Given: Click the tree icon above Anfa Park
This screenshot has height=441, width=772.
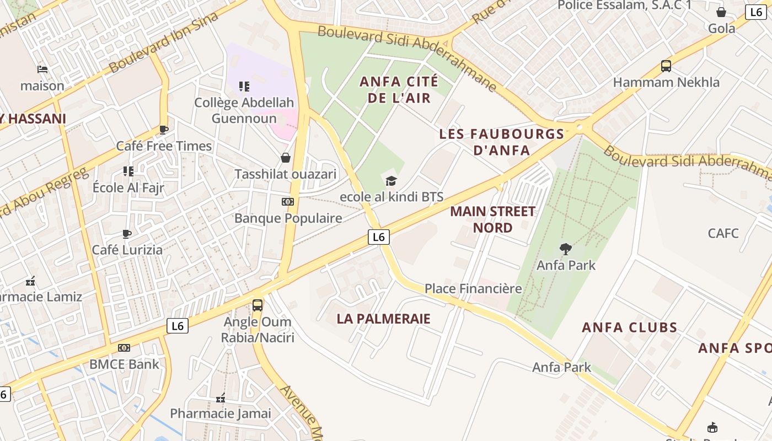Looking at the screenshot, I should click(565, 249).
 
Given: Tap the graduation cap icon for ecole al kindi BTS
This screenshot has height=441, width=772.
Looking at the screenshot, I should click(391, 181).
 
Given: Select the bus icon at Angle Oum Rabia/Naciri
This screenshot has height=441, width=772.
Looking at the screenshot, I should click(258, 305).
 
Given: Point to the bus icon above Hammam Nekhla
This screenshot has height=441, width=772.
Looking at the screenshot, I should click(666, 66).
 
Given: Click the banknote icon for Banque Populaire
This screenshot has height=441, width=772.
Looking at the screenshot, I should click(288, 202).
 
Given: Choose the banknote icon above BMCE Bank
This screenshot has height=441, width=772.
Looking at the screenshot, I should click(124, 348).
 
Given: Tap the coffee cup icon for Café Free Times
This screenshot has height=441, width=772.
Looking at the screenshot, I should click(163, 130).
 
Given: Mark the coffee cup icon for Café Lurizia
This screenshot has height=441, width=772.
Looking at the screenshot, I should click(127, 234).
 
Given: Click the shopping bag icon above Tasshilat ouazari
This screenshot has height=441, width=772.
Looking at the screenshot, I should click(286, 158).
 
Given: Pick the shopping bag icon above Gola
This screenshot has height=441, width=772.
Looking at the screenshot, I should click(721, 12).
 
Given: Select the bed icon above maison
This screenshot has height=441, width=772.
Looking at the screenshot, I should click(42, 69).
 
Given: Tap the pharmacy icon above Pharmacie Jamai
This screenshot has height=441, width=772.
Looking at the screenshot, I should click(221, 397).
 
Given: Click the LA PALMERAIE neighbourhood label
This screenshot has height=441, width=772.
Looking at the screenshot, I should click(383, 319).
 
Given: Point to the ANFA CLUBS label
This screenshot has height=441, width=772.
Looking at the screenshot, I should click(629, 327).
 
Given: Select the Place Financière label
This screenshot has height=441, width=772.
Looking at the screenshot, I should click(473, 288).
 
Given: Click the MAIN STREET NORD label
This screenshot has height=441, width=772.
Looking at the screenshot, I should click(492, 219).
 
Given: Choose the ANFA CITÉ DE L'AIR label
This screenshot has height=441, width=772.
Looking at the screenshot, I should click(399, 90).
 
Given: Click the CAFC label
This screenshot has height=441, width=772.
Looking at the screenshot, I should click(723, 233).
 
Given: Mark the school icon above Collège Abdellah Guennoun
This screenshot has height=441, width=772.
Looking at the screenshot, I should click(244, 87).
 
